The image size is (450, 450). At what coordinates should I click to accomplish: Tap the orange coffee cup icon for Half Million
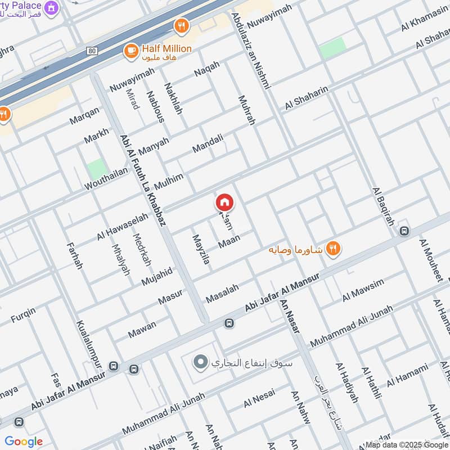(131, 51)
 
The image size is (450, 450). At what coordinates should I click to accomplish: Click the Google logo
(24, 441)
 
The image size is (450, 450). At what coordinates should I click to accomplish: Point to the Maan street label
(229, 240)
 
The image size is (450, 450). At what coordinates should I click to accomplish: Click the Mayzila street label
(201, 251)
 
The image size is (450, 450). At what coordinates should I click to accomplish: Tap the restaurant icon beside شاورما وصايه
(334, 249)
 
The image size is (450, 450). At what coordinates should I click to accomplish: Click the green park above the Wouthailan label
(97, 169)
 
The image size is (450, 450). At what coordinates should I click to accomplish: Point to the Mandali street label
(208, 143)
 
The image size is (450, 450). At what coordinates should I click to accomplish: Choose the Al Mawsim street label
(363, 289)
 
